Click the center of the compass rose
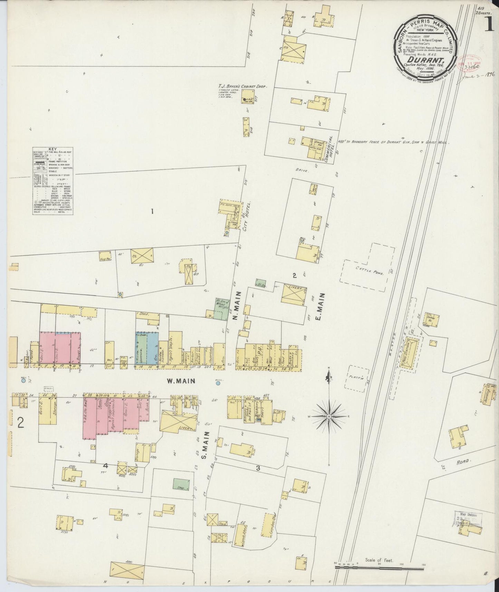coord(329,417)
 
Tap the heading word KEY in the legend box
coord(53,149)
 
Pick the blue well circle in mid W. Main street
coord(218,383)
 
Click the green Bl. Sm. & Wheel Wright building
coord(219,308)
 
